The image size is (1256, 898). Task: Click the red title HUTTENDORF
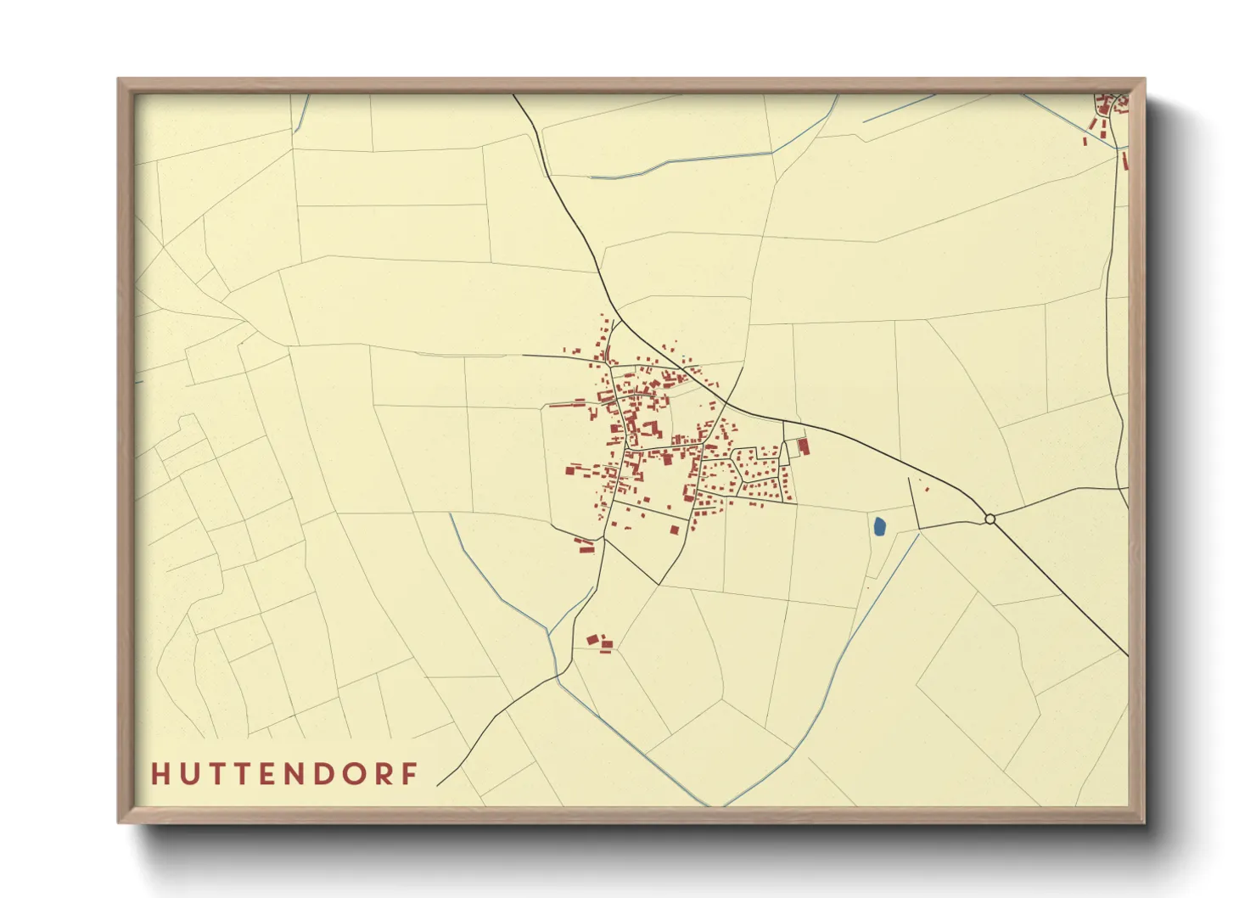(x=285, y=773)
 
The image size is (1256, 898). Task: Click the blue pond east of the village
(x=879, y=527)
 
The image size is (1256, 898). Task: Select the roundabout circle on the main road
(x=990, y=519)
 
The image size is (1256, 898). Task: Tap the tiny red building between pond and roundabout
(x=926, y=489)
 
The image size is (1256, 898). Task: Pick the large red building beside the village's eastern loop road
(x=804, y=446)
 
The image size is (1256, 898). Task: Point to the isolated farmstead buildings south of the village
(x=598, y=643)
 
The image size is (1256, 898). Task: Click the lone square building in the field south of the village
(x=675, y=530)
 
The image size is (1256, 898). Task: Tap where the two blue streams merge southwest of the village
(x=550, y=632)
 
